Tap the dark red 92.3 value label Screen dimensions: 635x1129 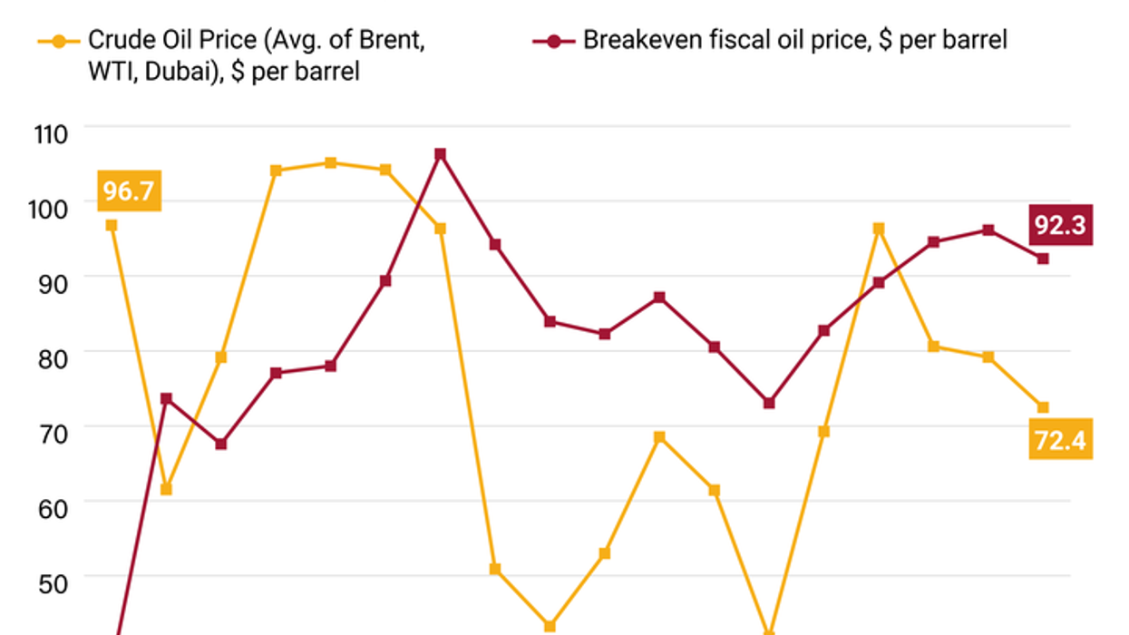point(1060,226)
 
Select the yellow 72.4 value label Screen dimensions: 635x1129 point(1060,442)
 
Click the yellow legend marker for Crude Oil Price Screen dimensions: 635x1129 point(58,41)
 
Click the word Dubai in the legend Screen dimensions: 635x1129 point(159,70)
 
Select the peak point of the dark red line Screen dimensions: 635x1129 point(440,154)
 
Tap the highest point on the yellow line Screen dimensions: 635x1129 point(331,163)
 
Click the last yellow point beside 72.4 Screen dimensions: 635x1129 point(1043,407)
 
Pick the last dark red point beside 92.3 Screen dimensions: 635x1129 point(1043,259)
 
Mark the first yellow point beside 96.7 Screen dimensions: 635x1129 point(112,225)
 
